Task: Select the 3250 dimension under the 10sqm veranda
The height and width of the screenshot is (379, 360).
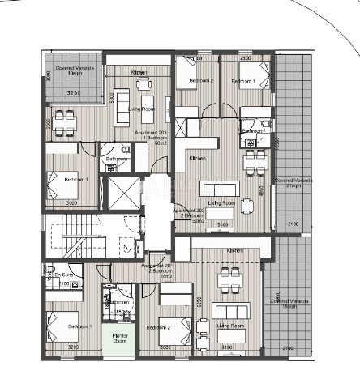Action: pos(73,94)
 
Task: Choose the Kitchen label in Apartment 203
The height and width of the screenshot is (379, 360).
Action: pos(139,73)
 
